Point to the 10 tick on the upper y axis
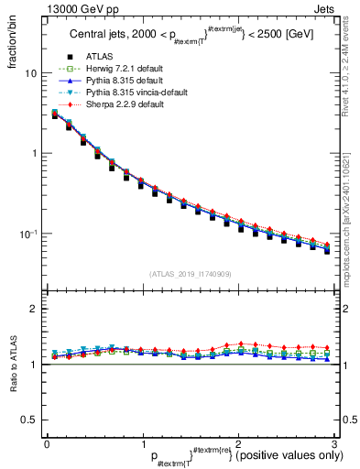(30, 73)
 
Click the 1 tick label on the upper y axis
(33, 154)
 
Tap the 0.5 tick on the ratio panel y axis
(29, 420)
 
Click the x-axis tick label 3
(335, 443)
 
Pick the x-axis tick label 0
(47, 443)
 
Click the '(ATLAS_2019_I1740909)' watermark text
(191, 274)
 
